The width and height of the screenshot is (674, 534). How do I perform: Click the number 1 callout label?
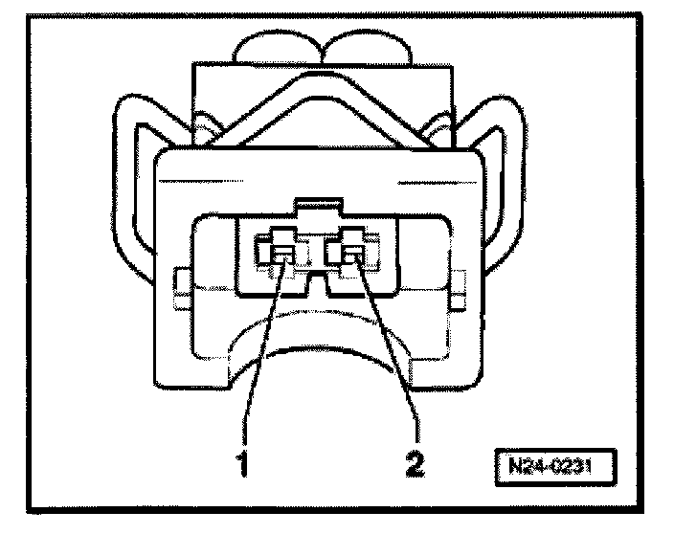click(243, 463)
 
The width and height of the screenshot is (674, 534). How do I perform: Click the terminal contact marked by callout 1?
click(284, 254)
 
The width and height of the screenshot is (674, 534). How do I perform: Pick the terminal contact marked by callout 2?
click(352, 253)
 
